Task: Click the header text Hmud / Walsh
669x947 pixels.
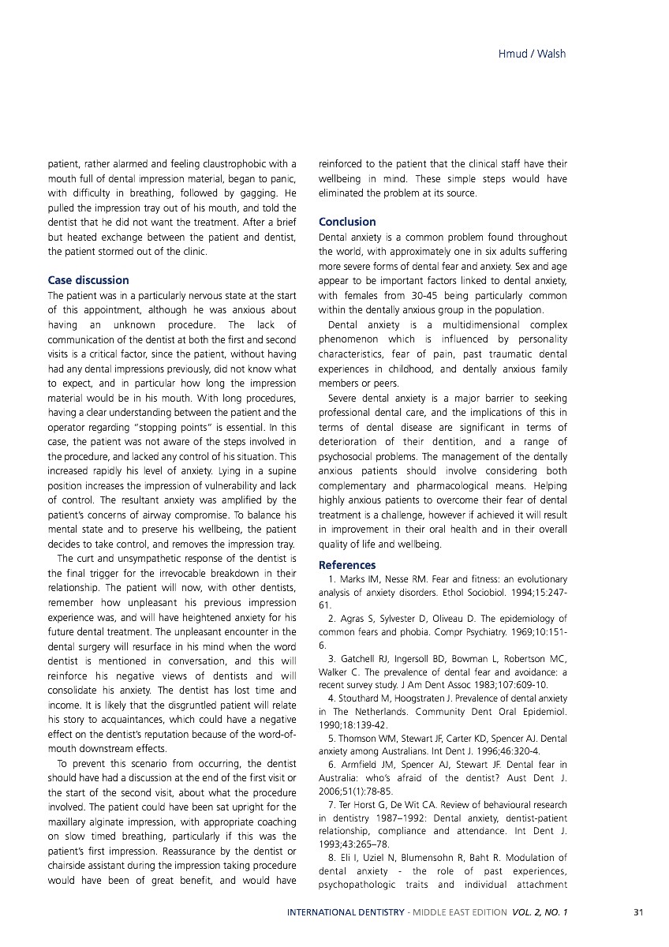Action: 533,54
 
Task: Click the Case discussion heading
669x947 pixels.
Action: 88,280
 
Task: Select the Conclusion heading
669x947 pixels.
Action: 347,222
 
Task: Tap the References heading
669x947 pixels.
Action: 347,565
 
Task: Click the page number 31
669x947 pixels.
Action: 639,913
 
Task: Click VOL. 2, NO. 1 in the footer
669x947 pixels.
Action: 539,913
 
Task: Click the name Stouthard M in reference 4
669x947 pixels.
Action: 367,698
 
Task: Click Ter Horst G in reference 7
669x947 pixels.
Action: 363,805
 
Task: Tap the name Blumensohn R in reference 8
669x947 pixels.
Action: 439,858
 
